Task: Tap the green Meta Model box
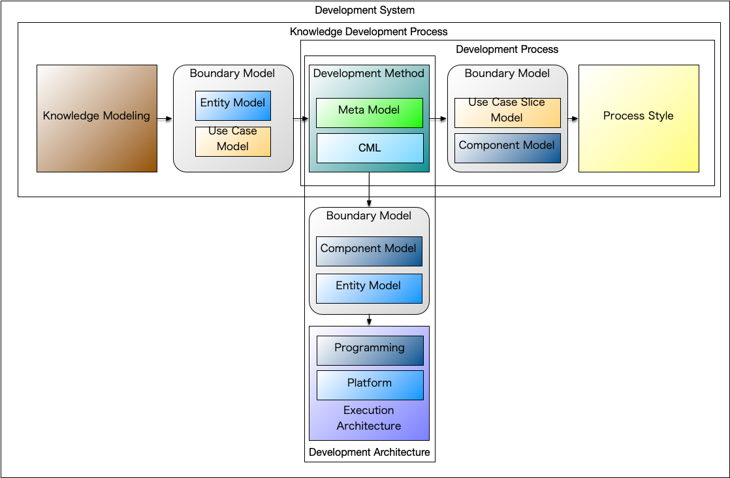[x=370, y=112]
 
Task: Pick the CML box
[x=370, y=148]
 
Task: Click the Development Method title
[x=369, y=73]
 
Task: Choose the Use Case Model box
[x=232, y=141]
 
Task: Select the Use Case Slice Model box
[x=507, y=112]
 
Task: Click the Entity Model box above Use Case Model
[x=232, y=105]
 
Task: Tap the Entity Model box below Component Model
[x=369, y=288]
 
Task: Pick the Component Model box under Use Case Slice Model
[x=507, y=148]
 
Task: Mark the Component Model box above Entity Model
[x=369, y=251]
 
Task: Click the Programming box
[x=370, y=350]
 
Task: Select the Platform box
[x=370, y=385]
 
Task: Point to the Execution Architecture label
[x=369, y=418]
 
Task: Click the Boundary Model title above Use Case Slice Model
[x=507, y=73]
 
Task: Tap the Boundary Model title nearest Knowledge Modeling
[x=232, y=73]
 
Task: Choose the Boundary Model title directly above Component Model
[x=369, y=215]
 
